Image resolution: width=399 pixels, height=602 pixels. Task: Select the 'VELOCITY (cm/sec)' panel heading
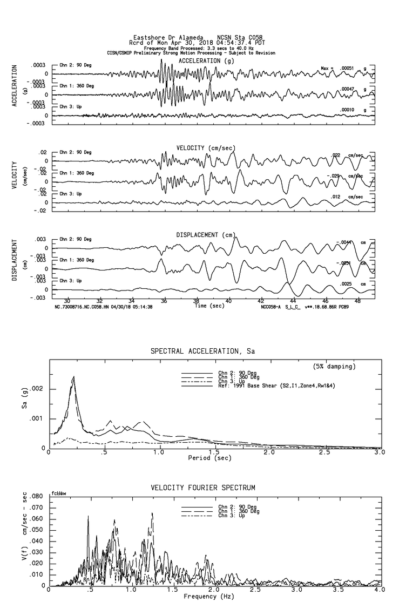pos(206,148)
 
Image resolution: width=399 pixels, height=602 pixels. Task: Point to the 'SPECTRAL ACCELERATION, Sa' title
pos(202,351)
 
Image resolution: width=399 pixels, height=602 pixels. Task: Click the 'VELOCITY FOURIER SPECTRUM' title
pos(203,488)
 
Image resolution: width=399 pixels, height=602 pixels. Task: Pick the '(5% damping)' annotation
pos(334,367)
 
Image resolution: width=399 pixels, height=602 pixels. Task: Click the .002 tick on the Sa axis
pos(40,389)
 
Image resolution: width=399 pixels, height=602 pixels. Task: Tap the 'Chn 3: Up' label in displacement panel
pos(71,281)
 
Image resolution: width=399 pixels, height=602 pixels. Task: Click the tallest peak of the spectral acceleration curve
pos(73,377)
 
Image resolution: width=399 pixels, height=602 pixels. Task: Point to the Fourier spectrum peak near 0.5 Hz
pos(88,516)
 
